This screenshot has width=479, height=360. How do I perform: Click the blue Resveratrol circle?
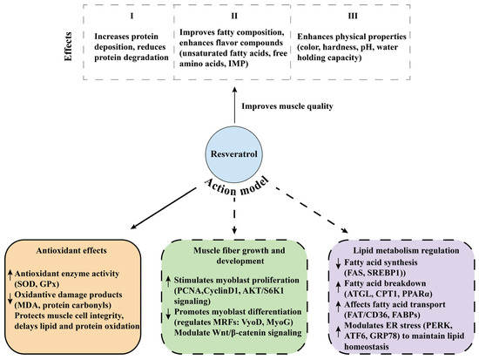233,153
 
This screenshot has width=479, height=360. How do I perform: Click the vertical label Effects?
69,46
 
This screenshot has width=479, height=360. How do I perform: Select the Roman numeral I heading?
132,16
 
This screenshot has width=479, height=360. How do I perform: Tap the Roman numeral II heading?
234,16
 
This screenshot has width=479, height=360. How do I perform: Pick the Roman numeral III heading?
353,16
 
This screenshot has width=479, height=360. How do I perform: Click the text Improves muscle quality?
287,106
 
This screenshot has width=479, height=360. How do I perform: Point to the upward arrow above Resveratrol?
234,105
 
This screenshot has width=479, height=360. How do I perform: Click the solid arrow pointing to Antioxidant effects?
163,208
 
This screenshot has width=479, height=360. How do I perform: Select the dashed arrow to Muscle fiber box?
234,215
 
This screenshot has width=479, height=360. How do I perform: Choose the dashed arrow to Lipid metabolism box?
312,210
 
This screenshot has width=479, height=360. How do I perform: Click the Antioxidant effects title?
71,250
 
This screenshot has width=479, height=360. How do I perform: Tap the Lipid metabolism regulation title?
406,250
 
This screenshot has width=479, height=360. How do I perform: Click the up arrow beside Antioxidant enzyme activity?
10,275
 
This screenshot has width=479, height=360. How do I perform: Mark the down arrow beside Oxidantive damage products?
10,297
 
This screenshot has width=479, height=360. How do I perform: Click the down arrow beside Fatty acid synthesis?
338,264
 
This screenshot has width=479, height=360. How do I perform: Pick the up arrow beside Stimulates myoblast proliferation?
168,281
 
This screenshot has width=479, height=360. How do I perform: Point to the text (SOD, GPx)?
37,284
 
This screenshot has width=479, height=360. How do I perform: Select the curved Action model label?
237,187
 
